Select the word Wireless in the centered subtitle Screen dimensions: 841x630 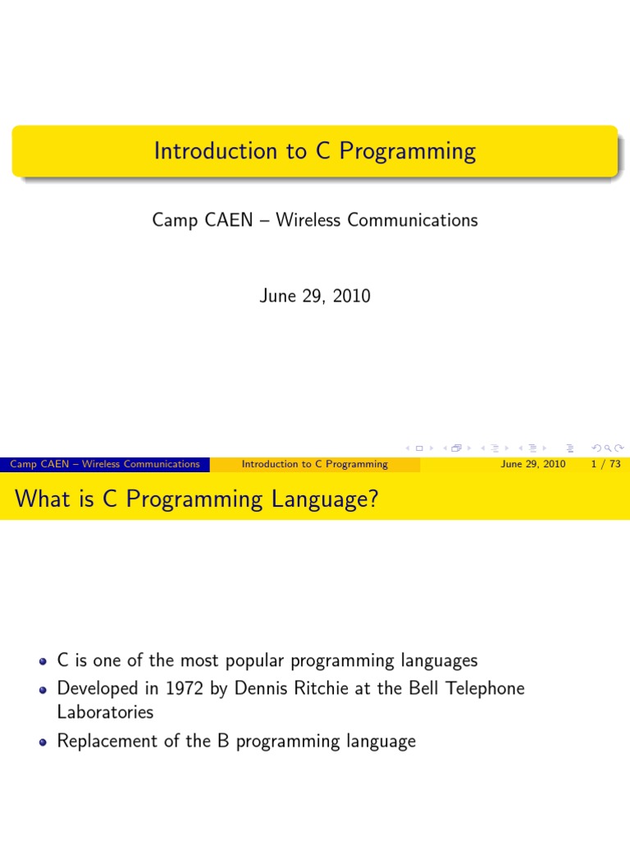(308, 220)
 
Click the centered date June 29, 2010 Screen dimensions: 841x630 (315, 296)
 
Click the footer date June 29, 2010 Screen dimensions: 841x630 (532, 464)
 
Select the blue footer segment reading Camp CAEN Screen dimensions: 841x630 (104, 464)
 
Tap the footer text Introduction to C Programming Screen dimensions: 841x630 (314, 464)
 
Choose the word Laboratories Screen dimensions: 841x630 (105, 712)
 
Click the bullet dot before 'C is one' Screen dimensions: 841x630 (43, 661)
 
